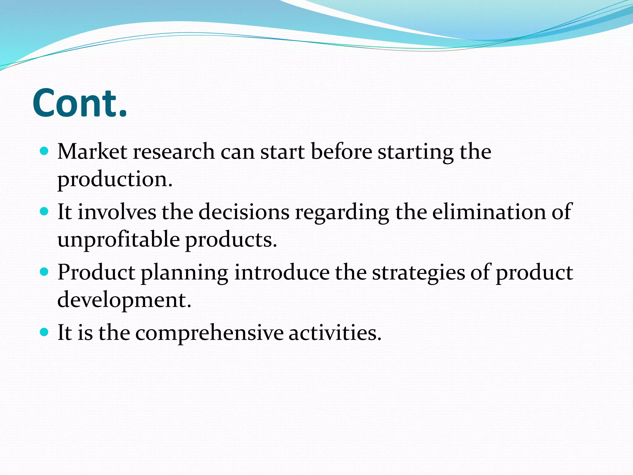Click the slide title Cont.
(80, 103)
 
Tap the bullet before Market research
(45, 151)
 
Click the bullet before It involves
(45, 212)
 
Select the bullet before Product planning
(45, 272)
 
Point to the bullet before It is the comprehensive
(45, 332)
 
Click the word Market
(92, 152)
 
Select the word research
(174, 152)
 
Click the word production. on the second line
(115, 179)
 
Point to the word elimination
(489, 212)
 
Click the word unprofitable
(118, 240)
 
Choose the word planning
(185, 273)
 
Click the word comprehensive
(209, 333)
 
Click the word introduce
(282, 273)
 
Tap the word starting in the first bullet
(416, 152)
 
